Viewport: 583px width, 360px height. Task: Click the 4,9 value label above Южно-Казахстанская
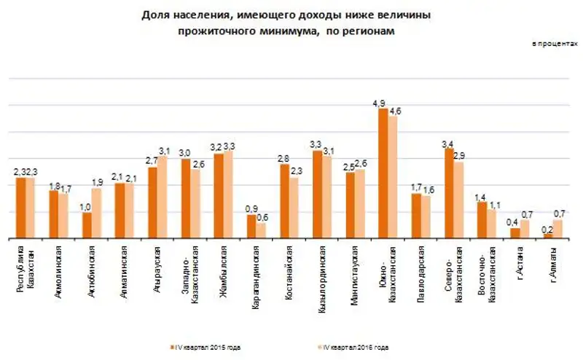coord(379,103)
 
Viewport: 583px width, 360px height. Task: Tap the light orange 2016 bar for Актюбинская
coord(96,214)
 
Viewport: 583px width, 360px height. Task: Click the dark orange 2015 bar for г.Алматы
coord(547,235)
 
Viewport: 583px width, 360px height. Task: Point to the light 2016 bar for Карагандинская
coord(261,230)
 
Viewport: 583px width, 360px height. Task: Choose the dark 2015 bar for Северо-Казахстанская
coord(448,193)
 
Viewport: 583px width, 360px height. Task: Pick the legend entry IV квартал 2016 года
coord(356,347)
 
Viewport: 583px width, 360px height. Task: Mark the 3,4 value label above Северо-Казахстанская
coord(448,143)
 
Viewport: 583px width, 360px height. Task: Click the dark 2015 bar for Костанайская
coord(283,201)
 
